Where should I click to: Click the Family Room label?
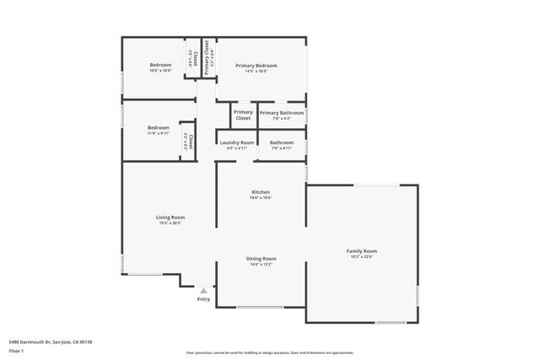point(361,250)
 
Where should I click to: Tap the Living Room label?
point(170,217)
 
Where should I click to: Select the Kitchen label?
point(260,192)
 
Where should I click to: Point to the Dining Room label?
point(261,258)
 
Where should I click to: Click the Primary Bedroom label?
point(256,65)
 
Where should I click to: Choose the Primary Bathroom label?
point(281,112)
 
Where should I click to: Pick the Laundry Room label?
point(236,142)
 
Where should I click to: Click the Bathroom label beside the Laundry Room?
point(282,142)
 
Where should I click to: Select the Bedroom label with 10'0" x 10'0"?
point(160,65)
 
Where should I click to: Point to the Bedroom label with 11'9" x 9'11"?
point(158,127)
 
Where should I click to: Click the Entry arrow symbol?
point(203,290)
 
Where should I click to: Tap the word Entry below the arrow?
point(203,298)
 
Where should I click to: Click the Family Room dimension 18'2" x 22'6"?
point(361,256)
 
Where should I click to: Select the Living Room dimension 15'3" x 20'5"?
point(170,223)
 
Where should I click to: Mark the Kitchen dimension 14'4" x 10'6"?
point(260,198)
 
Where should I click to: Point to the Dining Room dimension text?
point(261,264)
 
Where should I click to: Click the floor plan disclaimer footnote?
point(270,353)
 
